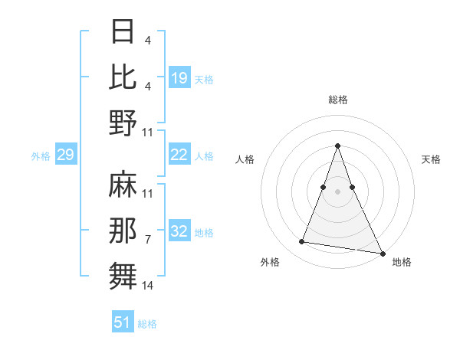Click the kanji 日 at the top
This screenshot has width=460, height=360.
[124, 32]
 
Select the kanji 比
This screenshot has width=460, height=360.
[124, 77]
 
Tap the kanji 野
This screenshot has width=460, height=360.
[124, 123]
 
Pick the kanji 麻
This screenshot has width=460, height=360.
[124, 185]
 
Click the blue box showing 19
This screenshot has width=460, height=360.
[179, 78]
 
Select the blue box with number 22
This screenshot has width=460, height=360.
[179, 155]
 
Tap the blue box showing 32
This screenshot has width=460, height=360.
[179, 232]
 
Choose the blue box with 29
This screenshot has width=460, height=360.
[65, 155]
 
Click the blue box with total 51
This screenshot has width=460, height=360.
[123, 322]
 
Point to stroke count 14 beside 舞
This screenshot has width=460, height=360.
[148, 286]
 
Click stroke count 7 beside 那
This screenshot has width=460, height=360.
[148, 240]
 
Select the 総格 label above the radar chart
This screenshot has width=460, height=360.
[338, 100]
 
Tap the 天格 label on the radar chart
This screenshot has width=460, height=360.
[432, 159]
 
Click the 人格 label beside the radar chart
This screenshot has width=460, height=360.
[245, 159]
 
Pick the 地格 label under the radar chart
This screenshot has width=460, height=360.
[402, 262]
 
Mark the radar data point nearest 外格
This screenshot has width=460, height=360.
[302, 242]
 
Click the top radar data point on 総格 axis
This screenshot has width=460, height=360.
[338, 146]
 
